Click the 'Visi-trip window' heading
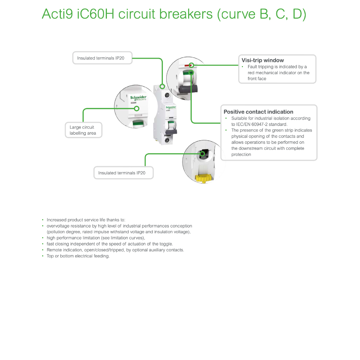click(x=262, y=60)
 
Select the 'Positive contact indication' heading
click(x=258, y=112)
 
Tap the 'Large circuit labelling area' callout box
click(x=83, y=130)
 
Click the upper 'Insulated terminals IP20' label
click(x=101, y=58)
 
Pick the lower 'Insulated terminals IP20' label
click(x=122, y=173)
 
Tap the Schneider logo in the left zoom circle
click(x=138, y=98)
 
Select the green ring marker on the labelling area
click(x=137, y=108)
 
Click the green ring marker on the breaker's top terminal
click(x=162, y=86)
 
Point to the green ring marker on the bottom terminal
click(x=202, y=154)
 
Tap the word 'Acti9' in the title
click(x=57, y=14)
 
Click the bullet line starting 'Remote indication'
click(x=115, y=250)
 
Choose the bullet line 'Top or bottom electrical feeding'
click(x=78, y=256)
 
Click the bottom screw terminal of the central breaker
click(x=167, y=140)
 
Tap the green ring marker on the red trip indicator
click(x=192, y=65)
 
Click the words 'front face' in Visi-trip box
click(x=257, y=78)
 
